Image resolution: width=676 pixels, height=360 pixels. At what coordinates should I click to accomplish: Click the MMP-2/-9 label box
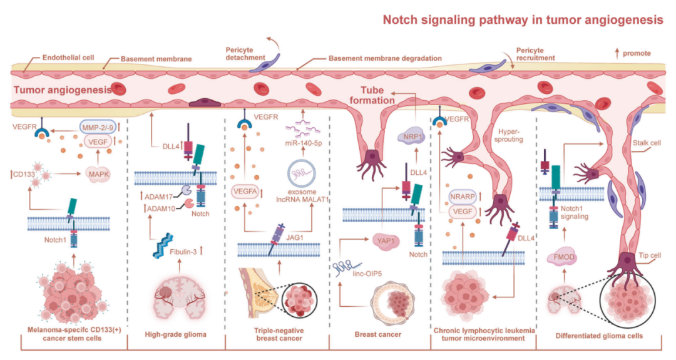[x=98, y=127]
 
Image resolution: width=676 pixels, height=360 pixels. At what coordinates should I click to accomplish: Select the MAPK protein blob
[x=98, y=174]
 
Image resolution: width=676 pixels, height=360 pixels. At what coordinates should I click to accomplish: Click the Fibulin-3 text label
[x=183, y=252]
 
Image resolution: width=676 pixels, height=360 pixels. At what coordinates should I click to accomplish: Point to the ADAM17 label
[x=158, y=197]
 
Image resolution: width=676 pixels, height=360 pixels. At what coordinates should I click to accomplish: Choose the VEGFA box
[x=245, y=191]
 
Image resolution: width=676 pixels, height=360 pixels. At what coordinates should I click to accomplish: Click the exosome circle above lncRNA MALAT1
[x=301, y=173]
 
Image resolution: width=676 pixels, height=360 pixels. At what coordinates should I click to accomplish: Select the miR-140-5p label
[x=304, y=143]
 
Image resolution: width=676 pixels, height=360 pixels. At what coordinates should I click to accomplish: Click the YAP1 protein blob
[x=386, y=241]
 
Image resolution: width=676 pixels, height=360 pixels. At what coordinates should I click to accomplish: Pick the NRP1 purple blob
[x=411, y=136]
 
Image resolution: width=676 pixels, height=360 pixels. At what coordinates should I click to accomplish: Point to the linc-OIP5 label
[x=367, y=274]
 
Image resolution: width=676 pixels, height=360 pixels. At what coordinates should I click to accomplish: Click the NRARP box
[x=463, y=197]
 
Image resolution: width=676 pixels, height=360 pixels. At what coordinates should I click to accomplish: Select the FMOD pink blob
[x=564, y=257]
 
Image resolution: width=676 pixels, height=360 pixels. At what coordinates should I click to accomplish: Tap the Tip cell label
[x=650, y=255]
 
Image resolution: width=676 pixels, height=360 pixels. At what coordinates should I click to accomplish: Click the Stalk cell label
[x=646, y=143]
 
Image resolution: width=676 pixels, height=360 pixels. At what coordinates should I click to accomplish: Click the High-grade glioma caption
[x=175, y=334]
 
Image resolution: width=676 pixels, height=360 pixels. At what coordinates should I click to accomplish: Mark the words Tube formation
[x=372, y=95]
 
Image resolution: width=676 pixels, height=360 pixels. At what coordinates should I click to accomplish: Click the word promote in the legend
[x=637, y=53]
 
